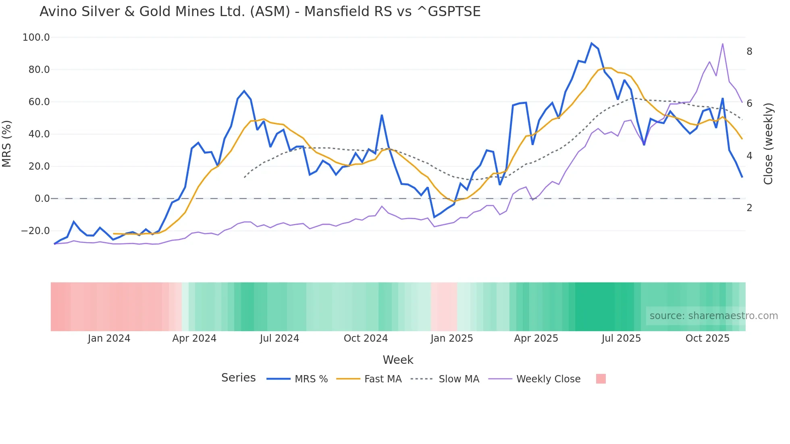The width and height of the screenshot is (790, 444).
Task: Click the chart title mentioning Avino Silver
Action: (260, 12)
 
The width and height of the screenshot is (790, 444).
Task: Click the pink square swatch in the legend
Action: (601, 379)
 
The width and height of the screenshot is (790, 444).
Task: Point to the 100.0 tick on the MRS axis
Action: (36, 37)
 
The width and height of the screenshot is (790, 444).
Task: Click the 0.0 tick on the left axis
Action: (42, 199)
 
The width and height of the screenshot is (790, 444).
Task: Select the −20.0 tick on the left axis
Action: (35, 231)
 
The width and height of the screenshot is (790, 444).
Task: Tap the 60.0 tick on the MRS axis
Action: (39, 102)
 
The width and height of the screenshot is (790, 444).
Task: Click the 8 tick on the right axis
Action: (749, 52)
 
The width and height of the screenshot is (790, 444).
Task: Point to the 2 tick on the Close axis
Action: (749, 208)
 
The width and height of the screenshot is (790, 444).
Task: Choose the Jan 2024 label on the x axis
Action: (109, 338)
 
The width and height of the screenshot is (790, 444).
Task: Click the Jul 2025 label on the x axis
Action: (621, 338)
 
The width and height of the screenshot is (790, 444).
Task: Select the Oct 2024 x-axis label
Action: (366, 338)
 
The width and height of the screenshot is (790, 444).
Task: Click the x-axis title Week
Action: (398, 360)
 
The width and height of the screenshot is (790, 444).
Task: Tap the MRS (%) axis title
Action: (7, 144)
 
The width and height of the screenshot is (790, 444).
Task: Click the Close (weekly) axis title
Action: (768, 144)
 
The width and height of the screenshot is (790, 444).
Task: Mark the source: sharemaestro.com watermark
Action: (713, 316)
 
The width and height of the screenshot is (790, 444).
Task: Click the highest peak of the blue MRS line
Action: (591, 43)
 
